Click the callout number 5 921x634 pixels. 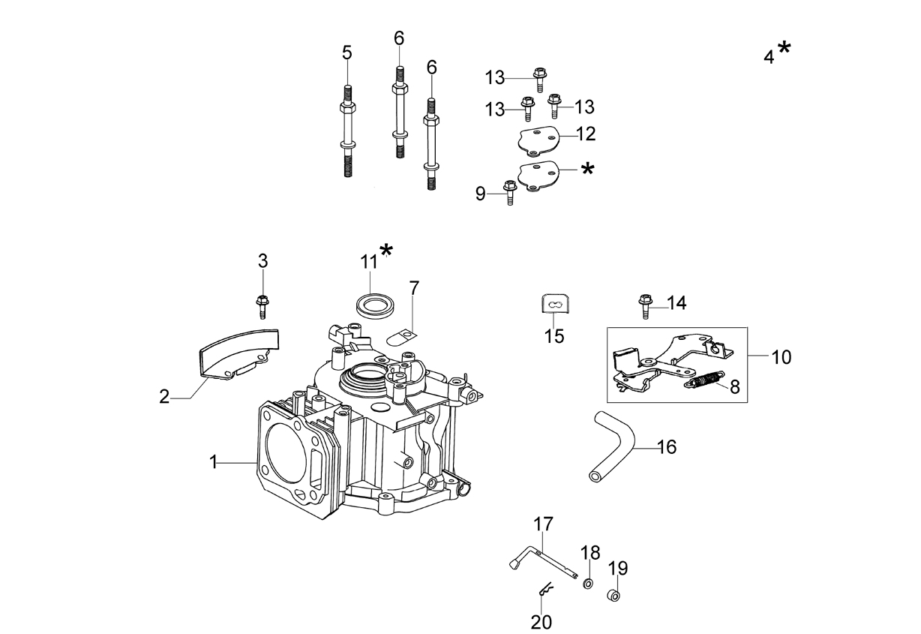(x=347, y=53)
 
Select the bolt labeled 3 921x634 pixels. (x=262, y=307)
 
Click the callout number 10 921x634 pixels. (x=781, y=356)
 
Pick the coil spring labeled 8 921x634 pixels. (x=703, y=379)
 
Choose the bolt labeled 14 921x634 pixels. (x=646, y=305)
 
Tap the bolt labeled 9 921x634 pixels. (x=509, y=193)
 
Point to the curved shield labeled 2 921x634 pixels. (x=238, y=352)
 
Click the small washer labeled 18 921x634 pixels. (x=588, y=584)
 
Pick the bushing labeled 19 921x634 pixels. (x=613, y=595)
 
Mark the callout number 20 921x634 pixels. (x=541, y=622)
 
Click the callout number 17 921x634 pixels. (x=543, y=524)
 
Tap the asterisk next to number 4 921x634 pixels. (x=784, y=48)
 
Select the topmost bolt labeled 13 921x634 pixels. (x=538, y=80)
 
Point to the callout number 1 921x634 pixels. (x=213, y=462)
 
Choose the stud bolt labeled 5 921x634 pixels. (x=348, y=131)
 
